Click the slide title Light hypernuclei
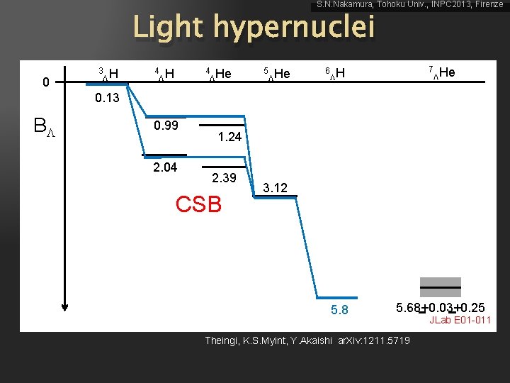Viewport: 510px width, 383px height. coord(253,28)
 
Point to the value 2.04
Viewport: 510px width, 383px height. coord(165,167)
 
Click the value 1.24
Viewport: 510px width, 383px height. coord(229,137)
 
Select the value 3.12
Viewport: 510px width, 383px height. coord(275,188)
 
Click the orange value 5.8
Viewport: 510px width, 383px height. coord(339,310)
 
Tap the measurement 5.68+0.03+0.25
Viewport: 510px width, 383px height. coord(441,307)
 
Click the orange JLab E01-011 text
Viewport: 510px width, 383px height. coord(460,321)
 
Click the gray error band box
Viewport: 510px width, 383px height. coord(440,287)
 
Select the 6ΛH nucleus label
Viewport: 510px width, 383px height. coord(334,73)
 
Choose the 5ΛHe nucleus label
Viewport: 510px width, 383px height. coord(276,73)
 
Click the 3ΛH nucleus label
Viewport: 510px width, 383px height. coord(108,72)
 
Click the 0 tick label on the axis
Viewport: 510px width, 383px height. coord(45,82)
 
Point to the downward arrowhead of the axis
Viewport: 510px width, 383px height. coord(65,306)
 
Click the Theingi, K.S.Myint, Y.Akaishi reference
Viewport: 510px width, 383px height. coord(307,341)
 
